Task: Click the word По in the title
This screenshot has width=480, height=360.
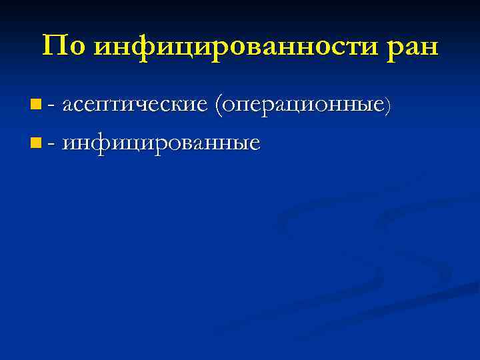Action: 63,46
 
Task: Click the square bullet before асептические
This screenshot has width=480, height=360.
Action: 35,104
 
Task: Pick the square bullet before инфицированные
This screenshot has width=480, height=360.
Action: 35,142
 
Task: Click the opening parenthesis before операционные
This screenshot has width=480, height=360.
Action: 218,105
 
